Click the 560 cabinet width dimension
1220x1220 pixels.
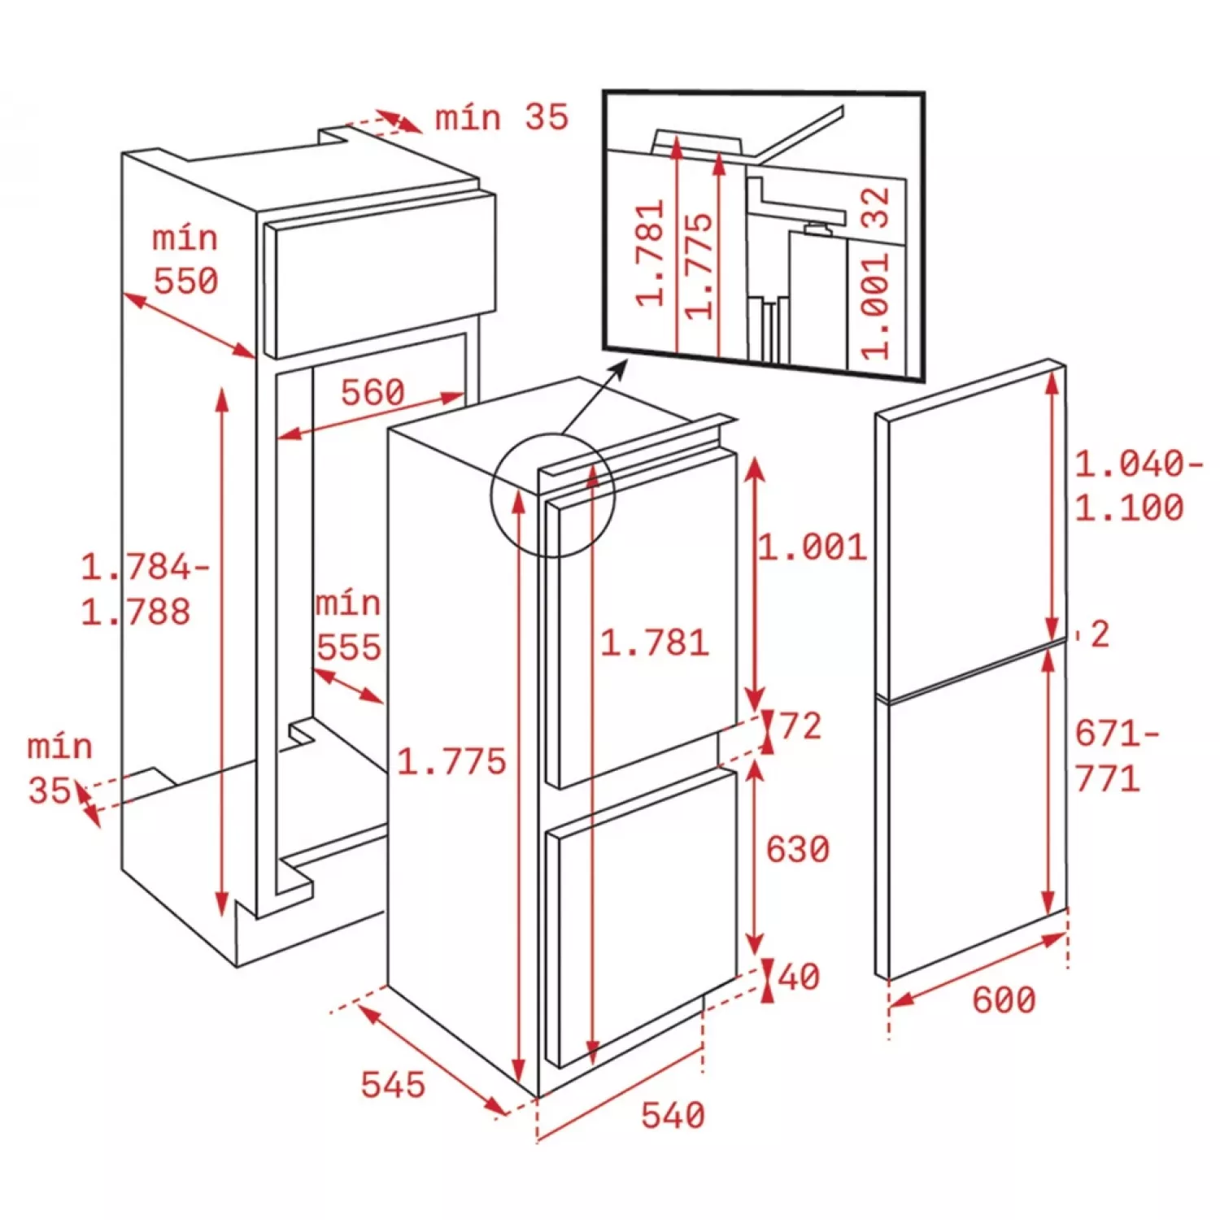(x=373, y=393)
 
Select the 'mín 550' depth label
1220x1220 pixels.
(x=186, y=260)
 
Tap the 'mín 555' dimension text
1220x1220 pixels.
(x=349, y=626)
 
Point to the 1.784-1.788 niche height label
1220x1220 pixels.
(x=145, y=590)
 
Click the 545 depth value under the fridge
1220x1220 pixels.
(x=393, y=1085)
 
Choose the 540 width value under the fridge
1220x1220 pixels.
(x=673, y=1115)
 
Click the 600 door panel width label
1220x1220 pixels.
(x=1004, y=1000)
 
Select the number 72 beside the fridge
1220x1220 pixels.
(x=801, y=725)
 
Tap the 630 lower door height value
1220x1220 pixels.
(x=797, y=849)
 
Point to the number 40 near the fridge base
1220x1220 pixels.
(x=800, y=977)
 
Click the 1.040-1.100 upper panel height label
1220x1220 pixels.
(x=1139, y=486)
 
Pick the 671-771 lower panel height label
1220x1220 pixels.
(x=1117, y=756)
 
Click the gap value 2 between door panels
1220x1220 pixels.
(x=1100, y=634)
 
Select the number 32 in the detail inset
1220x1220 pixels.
(x=876, y=207)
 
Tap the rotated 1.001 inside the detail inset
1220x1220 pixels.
(x=876, y=306)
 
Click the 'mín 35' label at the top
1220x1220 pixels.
(x=501, y=118)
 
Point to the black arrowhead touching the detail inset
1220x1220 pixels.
(x=619, y=370)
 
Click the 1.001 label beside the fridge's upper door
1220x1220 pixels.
(x=813, y=547)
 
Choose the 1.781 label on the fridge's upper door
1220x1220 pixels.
(x=655, y=643)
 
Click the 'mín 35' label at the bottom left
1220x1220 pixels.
(x=60, y=769)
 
